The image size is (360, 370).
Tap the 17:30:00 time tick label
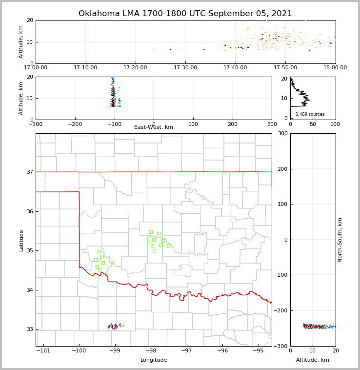pyautogui.click(x=185, y=68)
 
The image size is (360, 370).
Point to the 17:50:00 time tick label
pyautogui.click(x=285, y=68)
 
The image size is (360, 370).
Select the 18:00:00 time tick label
pyautogui.click(x=335, y=68)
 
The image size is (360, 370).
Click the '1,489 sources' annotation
pyautogui.click(x=310, y=114)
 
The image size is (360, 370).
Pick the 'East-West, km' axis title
pyautogui.click(x=154, y=127)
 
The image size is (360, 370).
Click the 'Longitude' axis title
pyautogui.click(x=154, y=360)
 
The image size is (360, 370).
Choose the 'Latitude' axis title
pyautogui.click(x=21, y=240)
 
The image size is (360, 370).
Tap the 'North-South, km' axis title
pyautogui.click(x=340, y=240)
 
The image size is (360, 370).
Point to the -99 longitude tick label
pyautogui.click(x=115, y=351)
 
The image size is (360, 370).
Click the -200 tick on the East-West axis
pyautogui.click(x=75, y=124)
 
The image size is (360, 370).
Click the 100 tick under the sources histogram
pyautogui.click(x=336, y=124)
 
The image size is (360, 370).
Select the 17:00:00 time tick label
pyautogui.click(x=36, y=68)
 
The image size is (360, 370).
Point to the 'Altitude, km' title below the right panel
pyautogui.click(x=313, y=360)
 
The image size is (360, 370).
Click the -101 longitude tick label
pyautogui.click(x=43, y=351)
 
